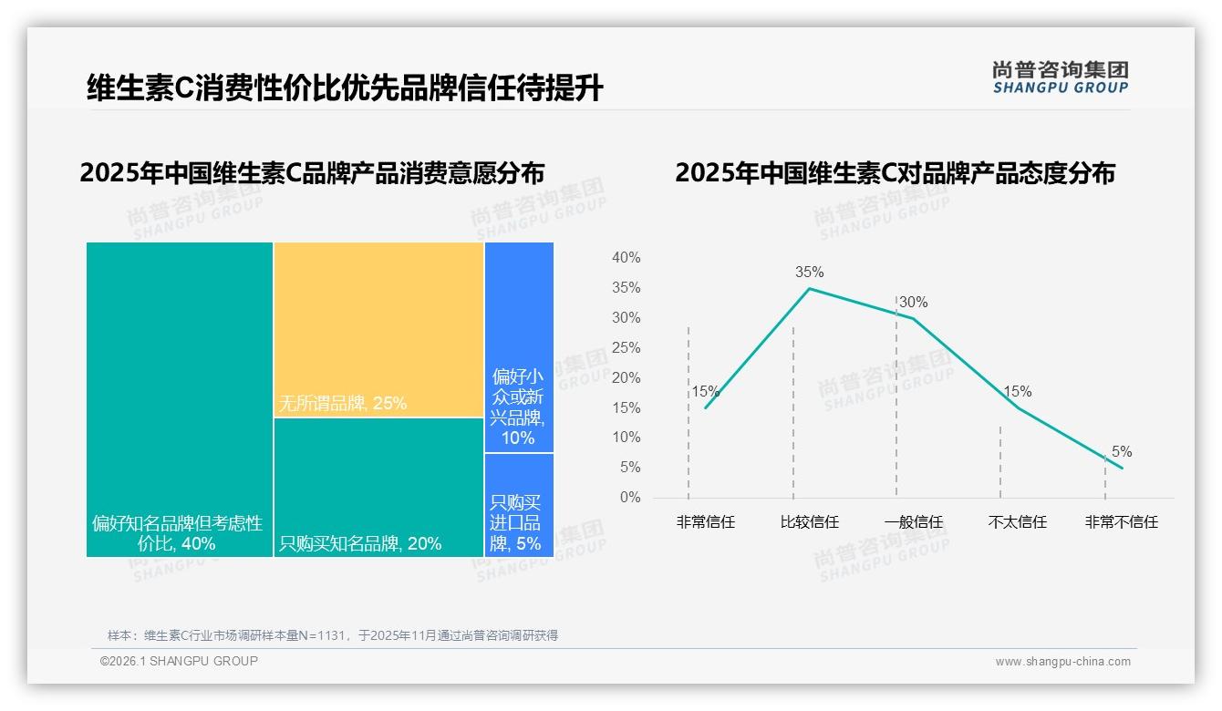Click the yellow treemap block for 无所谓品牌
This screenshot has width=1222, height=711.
coord(378,328)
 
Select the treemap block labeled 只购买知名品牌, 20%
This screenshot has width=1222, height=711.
coord(378,487)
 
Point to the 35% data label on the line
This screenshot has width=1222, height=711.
coord(809,272)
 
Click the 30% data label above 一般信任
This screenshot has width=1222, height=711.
coord(913,303)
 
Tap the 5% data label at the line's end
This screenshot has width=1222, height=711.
coord(1122,452)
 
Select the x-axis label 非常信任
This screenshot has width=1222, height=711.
coord(705,522)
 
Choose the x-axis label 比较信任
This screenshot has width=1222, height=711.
coord(809,522)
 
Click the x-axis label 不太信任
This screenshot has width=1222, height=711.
coord(1017,522)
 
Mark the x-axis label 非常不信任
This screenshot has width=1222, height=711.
coord(1121,522)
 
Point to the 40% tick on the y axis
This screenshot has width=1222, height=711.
coord(626,258)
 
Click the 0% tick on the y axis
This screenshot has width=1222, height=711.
coord(629,498)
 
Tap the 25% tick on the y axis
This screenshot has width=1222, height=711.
coord(626,348)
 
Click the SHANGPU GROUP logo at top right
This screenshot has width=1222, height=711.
coord(1060,77)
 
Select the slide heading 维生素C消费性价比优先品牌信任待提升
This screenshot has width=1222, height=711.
coord(345,88)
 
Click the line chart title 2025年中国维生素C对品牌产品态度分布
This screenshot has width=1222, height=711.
coord(895,173)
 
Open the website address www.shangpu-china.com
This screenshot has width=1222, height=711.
coord(1062,662)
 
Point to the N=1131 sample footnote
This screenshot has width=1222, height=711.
coord(333,635)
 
